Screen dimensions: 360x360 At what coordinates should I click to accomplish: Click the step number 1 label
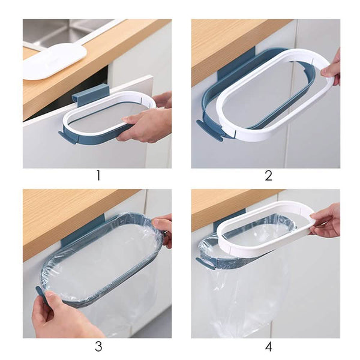click(x=98, y=176)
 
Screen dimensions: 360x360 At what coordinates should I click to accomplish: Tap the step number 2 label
click(x=268, y=176)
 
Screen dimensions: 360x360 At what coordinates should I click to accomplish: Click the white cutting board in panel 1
click(x=54, y=61)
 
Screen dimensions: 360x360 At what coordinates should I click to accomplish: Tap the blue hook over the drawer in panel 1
click(x=90, y=95)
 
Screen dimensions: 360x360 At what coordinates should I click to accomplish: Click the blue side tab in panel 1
click(x=67, y=138)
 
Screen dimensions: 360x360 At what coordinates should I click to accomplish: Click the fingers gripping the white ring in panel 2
click(x=331, y=69)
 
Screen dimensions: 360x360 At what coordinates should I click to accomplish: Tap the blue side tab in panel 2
click(x=209, y=130)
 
